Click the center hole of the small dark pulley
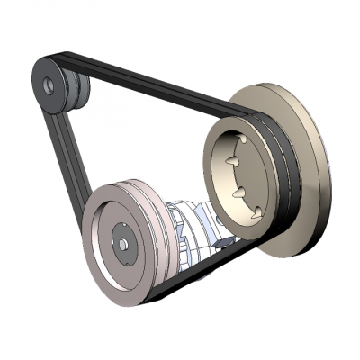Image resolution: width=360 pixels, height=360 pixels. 49,85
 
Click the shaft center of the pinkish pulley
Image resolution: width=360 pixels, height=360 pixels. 122,244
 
